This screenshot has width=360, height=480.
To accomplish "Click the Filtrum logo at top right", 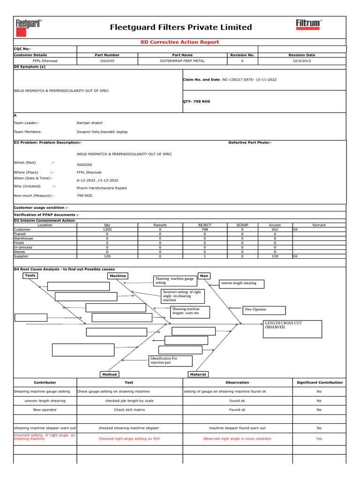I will point(308,24).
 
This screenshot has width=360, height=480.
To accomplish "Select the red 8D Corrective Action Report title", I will point(180,42).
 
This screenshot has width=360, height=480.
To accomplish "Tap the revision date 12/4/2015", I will point(301,61).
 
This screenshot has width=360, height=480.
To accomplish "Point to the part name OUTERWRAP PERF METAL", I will point(182,61).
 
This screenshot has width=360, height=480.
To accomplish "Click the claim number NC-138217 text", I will point(237,80).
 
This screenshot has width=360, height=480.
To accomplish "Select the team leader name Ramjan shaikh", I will point(90,123).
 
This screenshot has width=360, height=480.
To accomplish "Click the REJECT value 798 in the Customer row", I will point(205,230).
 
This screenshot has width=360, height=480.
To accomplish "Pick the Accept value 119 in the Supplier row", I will point(275,256).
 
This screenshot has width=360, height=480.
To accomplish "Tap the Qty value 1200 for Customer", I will point(107,230).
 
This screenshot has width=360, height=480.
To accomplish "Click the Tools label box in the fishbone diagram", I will point(30,276).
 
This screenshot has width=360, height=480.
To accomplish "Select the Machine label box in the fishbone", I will point(118,276).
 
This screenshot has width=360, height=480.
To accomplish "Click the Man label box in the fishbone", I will point(204,276).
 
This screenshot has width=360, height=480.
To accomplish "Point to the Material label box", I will point(198,375).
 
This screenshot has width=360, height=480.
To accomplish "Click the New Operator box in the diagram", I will point(264,310).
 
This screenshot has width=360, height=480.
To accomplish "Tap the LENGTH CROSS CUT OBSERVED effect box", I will point(292,329).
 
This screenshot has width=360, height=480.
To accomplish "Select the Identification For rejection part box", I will point(170,360).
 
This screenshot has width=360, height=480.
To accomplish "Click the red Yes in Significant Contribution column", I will point(319,439).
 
